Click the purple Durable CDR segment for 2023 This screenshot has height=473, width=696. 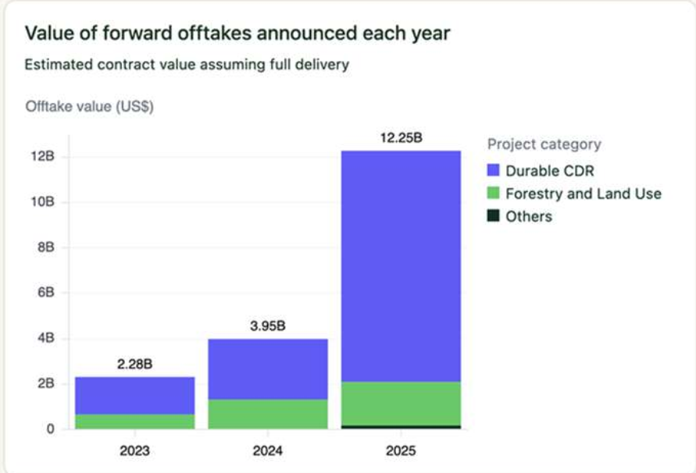[135, 396]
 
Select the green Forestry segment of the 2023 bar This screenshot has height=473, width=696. [135, 421]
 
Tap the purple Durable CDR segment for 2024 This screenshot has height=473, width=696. [268, 369]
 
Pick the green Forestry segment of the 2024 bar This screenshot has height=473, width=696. [268, 414]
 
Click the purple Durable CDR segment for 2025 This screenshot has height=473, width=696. [402, 266]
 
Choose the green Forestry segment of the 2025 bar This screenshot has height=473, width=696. [402, 404]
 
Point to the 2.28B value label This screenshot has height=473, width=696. [135, 365]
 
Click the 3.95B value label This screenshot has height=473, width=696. [268, 326]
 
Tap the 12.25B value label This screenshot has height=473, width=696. [402, 138]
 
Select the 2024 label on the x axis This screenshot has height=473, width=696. [268, 451]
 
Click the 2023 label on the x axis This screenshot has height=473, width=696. [134, 451]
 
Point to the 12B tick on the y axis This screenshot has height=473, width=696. [43, 156]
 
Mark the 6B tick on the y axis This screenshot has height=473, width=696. [46, 293]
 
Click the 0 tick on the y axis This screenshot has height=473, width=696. [51, 429]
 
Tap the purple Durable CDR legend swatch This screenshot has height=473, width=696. [493, 170]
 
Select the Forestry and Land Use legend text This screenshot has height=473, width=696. [584, 194]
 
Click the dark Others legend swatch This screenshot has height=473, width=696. [493, 216]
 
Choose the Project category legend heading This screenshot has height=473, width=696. [544, 144]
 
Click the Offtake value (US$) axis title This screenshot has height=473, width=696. [89, 107]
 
